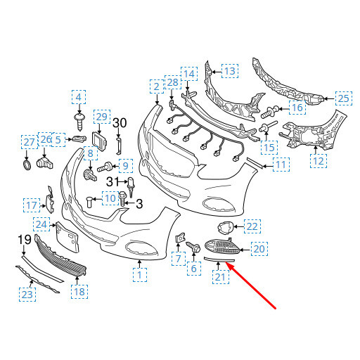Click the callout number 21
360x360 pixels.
220,277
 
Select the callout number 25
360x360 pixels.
344,98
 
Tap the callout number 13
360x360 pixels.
230,71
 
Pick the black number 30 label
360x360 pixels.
120,123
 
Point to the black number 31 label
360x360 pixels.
113,181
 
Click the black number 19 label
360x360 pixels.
25,240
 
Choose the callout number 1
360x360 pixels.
139,275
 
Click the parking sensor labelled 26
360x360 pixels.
45,163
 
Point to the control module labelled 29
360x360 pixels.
99,141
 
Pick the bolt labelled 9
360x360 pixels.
105,167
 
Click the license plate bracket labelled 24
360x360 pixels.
67,237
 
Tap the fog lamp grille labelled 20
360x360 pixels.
222,246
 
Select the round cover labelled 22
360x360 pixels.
225,228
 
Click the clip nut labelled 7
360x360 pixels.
179,238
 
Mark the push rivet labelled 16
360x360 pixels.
270,112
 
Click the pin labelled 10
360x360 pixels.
89,202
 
